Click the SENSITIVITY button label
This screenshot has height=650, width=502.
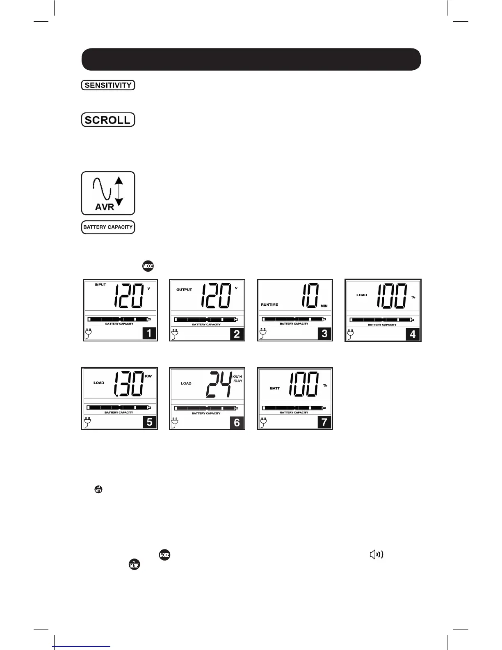[108, 85]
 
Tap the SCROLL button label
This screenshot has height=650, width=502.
[108, 120]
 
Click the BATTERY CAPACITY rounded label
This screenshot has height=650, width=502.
[108, 227]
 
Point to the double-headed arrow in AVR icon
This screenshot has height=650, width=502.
[119, 190]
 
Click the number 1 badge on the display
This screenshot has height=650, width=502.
[149, 333]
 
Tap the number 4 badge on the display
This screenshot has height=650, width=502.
[412, 334]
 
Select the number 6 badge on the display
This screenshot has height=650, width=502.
[237, 422]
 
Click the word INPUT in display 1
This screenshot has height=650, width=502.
[100, 285]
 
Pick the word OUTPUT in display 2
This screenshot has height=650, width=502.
[184, 290]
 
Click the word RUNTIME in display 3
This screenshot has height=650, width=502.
[269, 304]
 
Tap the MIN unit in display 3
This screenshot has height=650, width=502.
[324, 306]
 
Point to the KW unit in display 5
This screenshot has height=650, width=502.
[148, 376]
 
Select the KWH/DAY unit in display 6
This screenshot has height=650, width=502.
[238, 378]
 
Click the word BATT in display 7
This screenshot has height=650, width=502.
[275, 388]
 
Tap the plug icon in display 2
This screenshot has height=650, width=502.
[175, 334]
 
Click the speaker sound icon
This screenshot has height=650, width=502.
[376, 555]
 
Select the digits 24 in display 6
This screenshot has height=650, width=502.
[219, 385]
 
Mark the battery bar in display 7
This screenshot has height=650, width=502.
[295, 408]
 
